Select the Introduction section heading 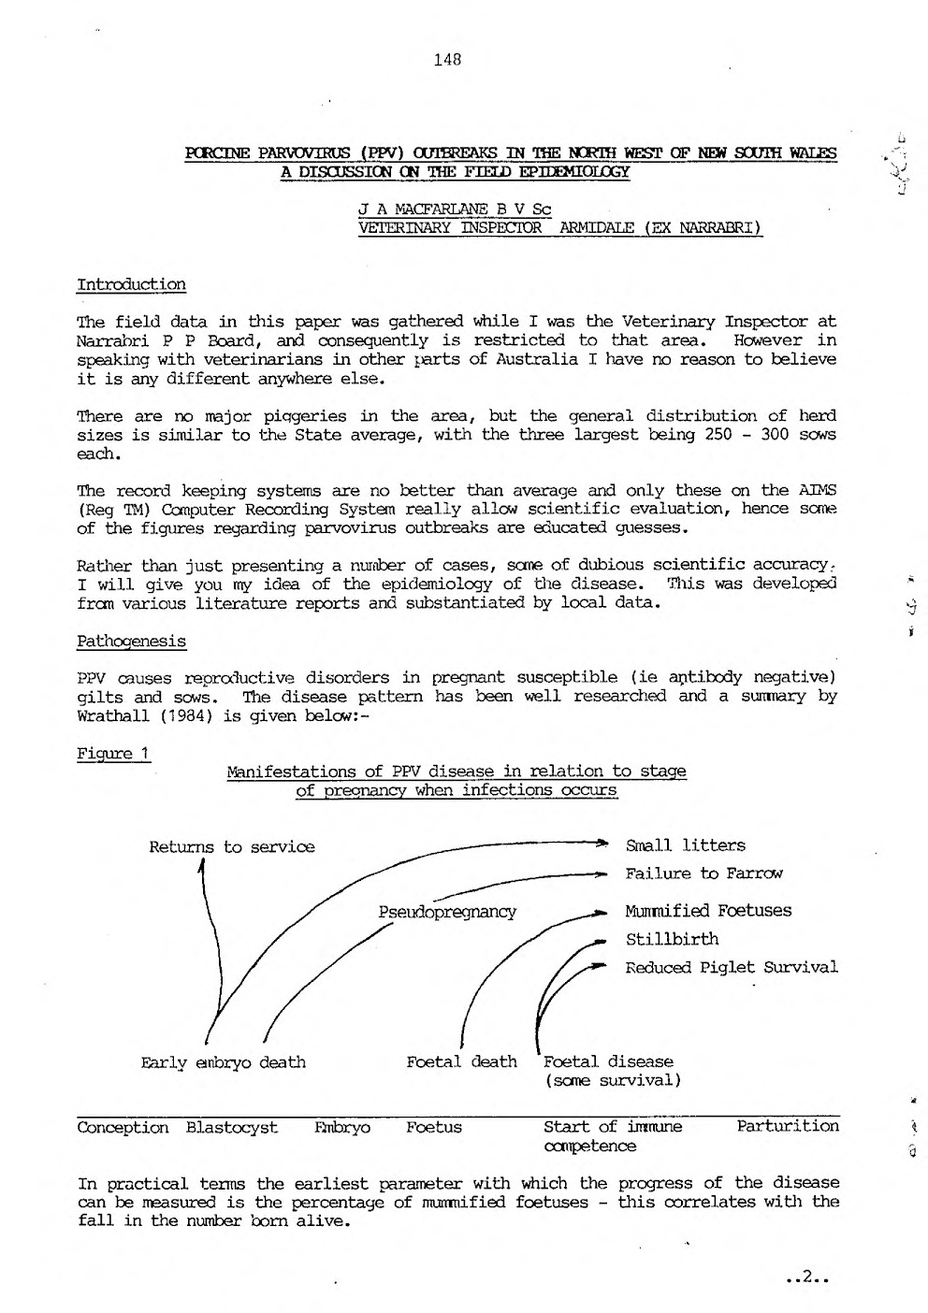click(x=131, y=284)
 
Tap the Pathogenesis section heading click(x=131, y=642)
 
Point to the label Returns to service click(x=232, y=847)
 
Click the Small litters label click(x=686, y=845)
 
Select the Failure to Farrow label click(x=704, y=873)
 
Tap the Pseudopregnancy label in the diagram click(x=447, y=911)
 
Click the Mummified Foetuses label click(x=708, y=911)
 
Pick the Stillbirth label click(x=673, y=939)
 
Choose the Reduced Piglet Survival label click(x=732, y=967)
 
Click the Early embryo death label click(x=224, y=1062)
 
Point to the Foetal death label click(x=461, y=1062)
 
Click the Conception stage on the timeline click(x=123, y=1127)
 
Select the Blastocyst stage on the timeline click(x=232, y=1127)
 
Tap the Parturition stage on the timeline click(x=788, y=1126)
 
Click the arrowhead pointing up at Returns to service click(x=202, y=866)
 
